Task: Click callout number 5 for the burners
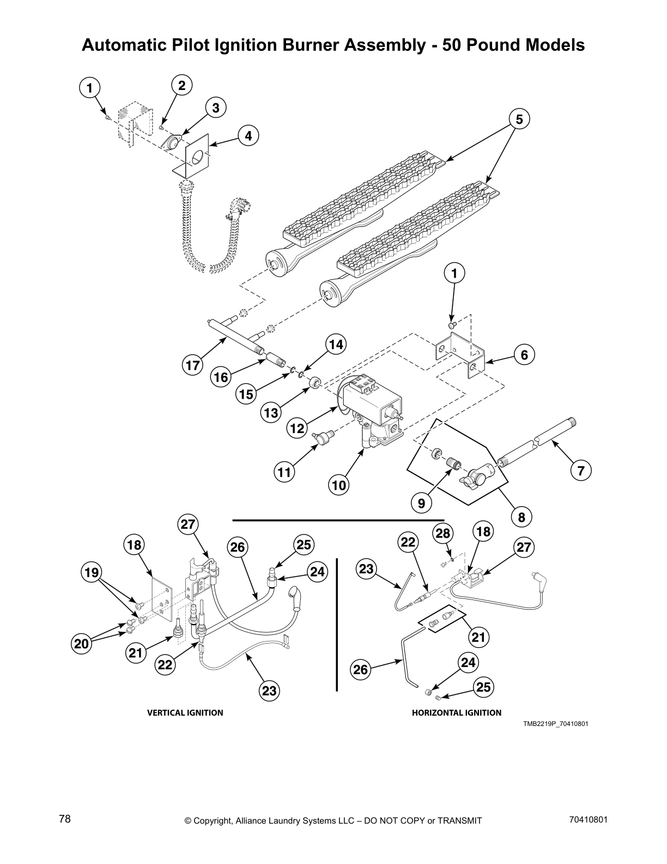(x=519, y=119)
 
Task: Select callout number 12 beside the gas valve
(x=296, y=428)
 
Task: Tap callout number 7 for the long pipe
(x=581, y=470)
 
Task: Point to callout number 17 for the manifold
(x=193, y=364)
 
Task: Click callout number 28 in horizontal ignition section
(x=442, y=532)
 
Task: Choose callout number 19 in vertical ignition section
(x=91, y=572)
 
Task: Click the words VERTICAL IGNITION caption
(x=185, y=712)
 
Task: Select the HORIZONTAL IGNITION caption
(x=456, y=712)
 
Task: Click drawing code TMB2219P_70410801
(x=555, y=724)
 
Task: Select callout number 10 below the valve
(x=339, y=484)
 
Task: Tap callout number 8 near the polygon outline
(x=522, y=517)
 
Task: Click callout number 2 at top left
(x=181, y=86)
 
